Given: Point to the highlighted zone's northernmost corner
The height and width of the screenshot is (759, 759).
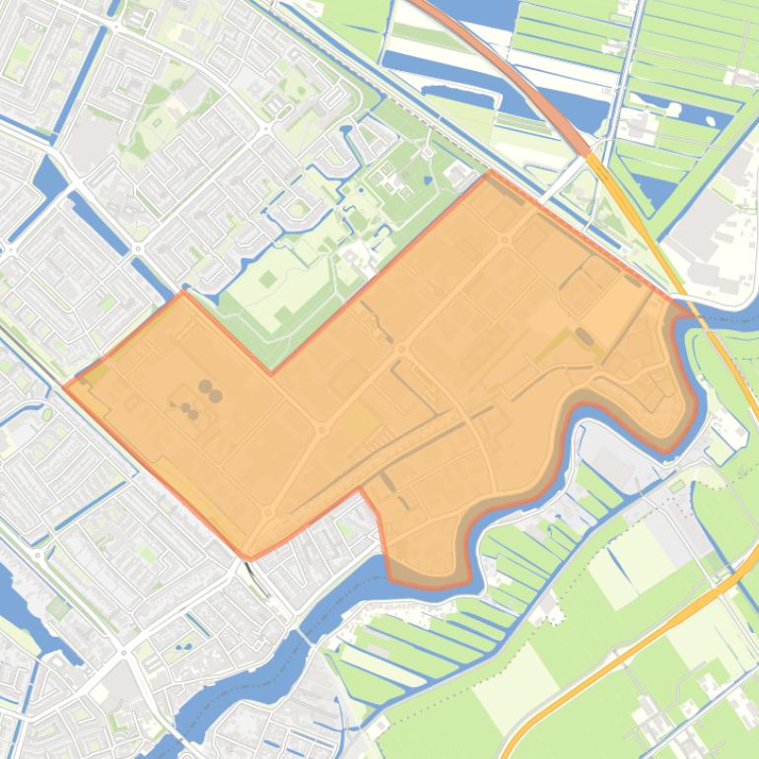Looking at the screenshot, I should [491, 172].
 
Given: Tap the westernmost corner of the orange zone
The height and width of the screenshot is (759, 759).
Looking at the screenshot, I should [66, 385].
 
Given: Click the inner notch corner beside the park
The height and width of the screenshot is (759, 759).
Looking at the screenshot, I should [271, 373].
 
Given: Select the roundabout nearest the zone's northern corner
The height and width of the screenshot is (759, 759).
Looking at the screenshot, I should [505, 239].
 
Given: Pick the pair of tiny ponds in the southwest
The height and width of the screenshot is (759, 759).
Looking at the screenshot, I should [181, 648].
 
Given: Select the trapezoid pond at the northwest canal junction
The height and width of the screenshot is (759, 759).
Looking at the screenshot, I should [46, 175].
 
